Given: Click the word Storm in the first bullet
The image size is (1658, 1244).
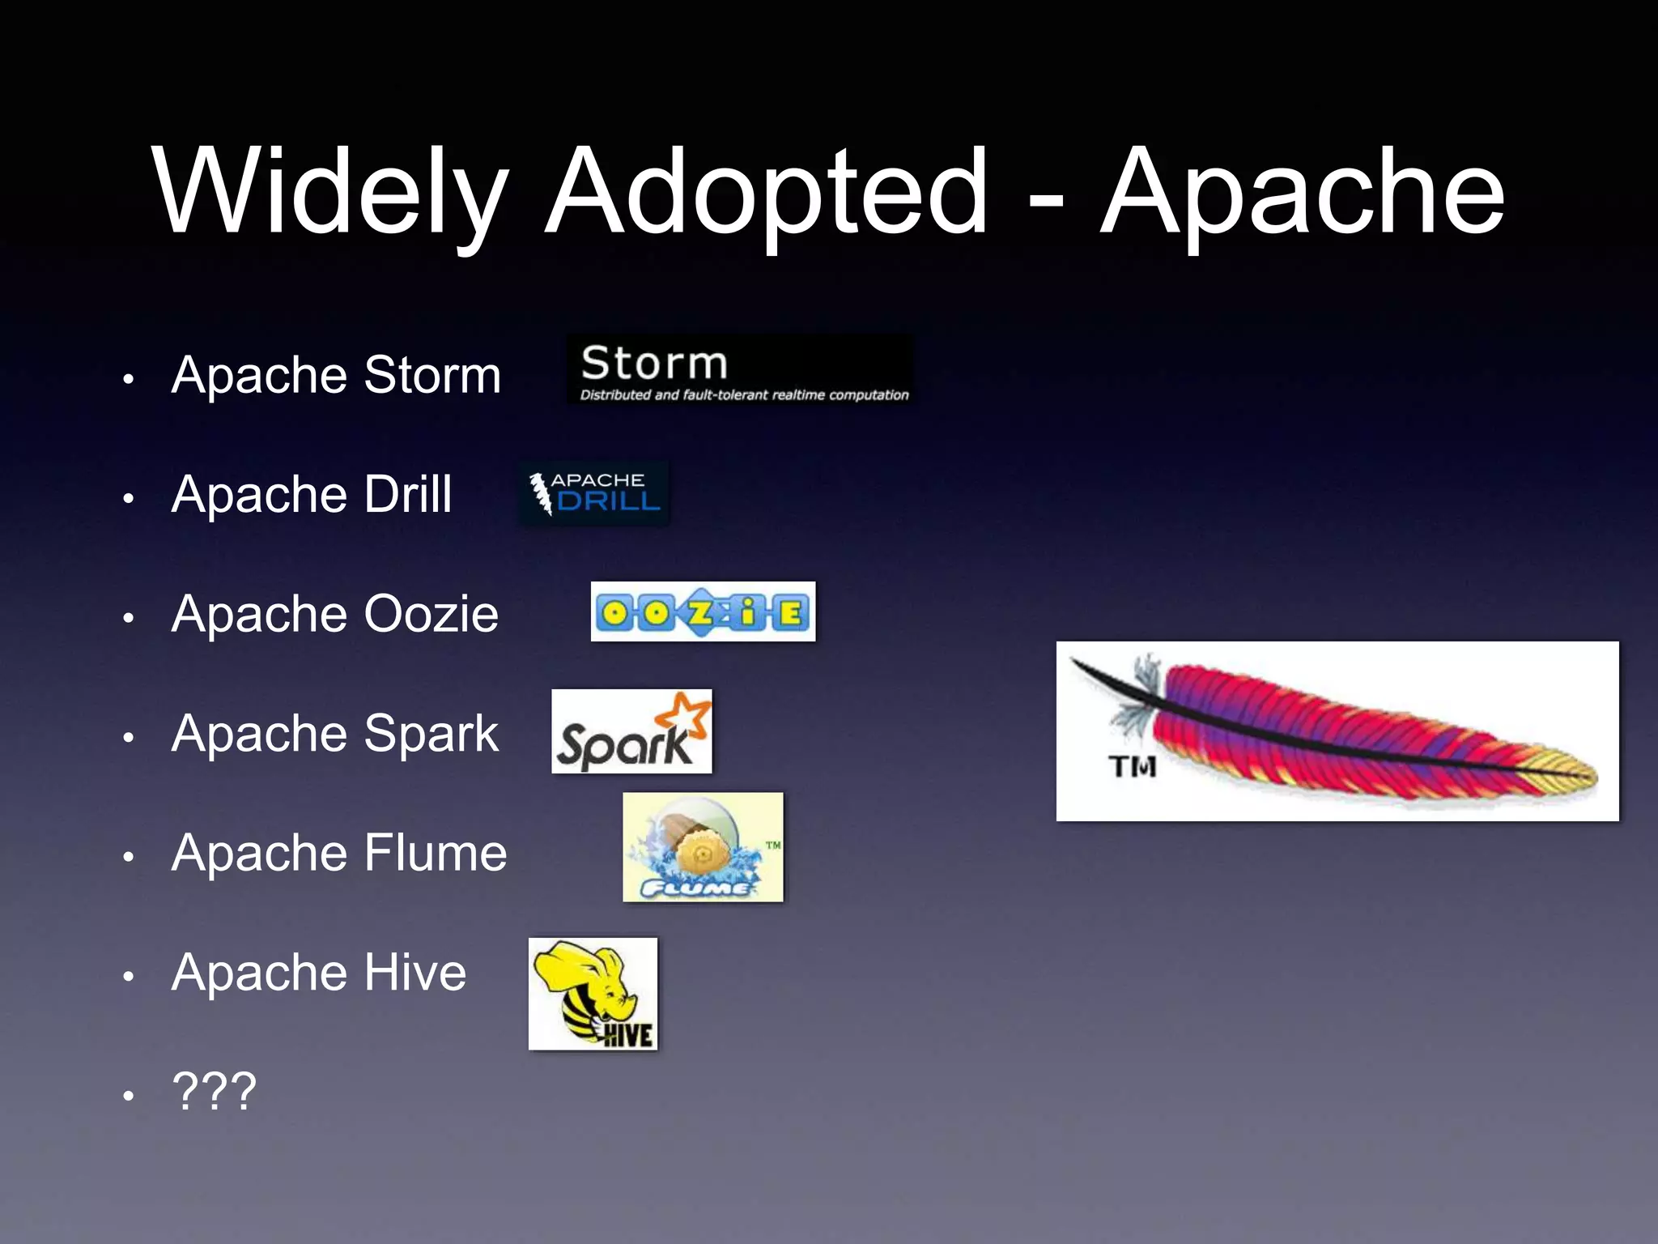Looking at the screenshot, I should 432,375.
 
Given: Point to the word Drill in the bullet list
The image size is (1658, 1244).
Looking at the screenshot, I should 408,494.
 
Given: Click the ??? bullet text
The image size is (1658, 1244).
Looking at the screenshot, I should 215,1091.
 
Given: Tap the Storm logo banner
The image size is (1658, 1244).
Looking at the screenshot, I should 740,370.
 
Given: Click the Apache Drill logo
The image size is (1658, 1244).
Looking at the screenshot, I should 594,493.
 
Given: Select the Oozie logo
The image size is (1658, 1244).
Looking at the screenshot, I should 703,611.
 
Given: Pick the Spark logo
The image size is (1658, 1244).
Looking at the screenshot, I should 631,731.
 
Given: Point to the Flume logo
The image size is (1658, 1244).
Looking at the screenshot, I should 703,847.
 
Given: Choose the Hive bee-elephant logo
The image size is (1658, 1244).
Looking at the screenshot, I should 593,994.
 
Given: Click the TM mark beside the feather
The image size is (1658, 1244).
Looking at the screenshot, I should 1132,766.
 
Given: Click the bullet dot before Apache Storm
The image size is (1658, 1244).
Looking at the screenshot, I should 128,378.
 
